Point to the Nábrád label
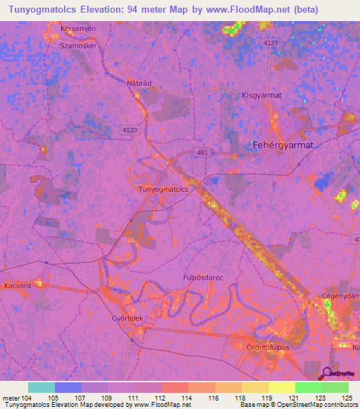[139, 83]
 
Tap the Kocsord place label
[17, 287]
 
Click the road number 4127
[271, 44]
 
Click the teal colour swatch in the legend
[41, 387]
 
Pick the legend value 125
[345, 397]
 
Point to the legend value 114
[188, 397]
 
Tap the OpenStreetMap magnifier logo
[328, 374]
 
